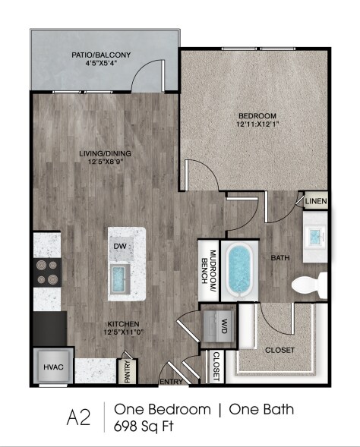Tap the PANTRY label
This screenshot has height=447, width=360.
click(127, 370)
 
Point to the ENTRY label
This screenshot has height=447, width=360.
click(169, 381)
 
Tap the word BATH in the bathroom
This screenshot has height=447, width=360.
click(280, 258)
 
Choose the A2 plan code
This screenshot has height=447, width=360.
click(78, 417)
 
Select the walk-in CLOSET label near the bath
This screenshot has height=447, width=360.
click(279, 350)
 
